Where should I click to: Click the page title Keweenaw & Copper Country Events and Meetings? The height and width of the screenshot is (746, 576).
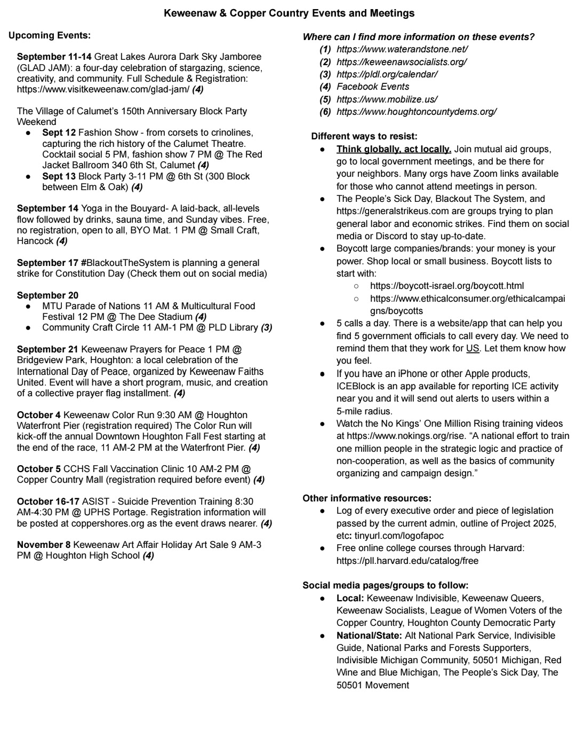point(289,13)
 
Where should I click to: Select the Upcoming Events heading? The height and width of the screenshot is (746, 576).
point(50,36)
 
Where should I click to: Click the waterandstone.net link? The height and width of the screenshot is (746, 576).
point(402,49)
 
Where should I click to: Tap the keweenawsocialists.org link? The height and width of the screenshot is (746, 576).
point(401,62)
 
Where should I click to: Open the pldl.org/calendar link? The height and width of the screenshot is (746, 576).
point(387,74)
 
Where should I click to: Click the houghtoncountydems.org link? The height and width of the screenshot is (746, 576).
point(416,112)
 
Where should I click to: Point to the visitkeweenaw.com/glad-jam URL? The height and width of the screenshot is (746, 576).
point(103,89)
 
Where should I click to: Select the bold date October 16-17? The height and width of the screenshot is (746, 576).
point(48,501)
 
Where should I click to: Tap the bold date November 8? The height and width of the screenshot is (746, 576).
point(44,545)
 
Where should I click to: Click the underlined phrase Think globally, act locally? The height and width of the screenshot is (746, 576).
point(394,149)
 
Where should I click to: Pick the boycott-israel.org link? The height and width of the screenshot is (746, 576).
point(447,286)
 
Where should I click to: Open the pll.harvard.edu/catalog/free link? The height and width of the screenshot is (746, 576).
point(407,561)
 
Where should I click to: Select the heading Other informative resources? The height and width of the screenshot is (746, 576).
point(367,498)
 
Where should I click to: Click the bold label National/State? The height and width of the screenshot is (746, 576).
point(369,635)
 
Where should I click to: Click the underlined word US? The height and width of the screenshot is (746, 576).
point(473,348)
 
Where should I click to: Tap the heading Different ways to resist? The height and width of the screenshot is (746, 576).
point(364,137)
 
